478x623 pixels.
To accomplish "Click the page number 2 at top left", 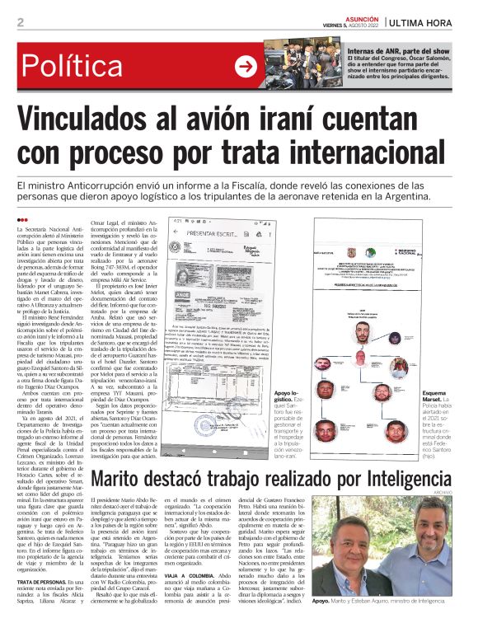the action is [20, 22].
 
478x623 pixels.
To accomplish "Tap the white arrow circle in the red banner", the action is [245, 66].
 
